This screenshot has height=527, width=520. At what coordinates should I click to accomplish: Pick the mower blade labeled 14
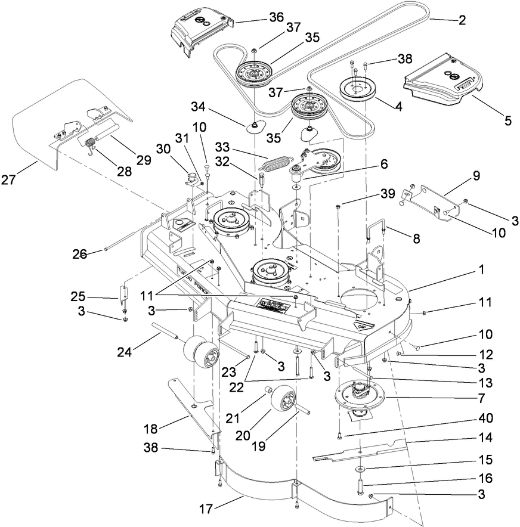point(358,452)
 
